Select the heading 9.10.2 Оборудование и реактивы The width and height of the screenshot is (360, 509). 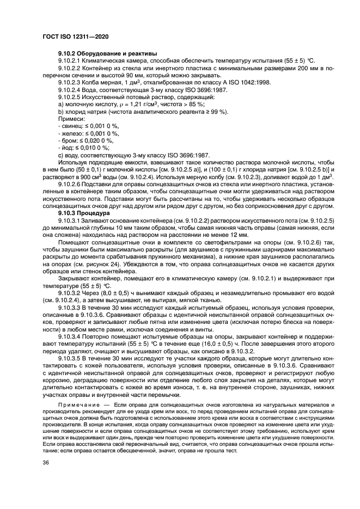[x=107, y=53]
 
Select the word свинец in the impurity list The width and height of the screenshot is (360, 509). [x=70, y=125]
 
